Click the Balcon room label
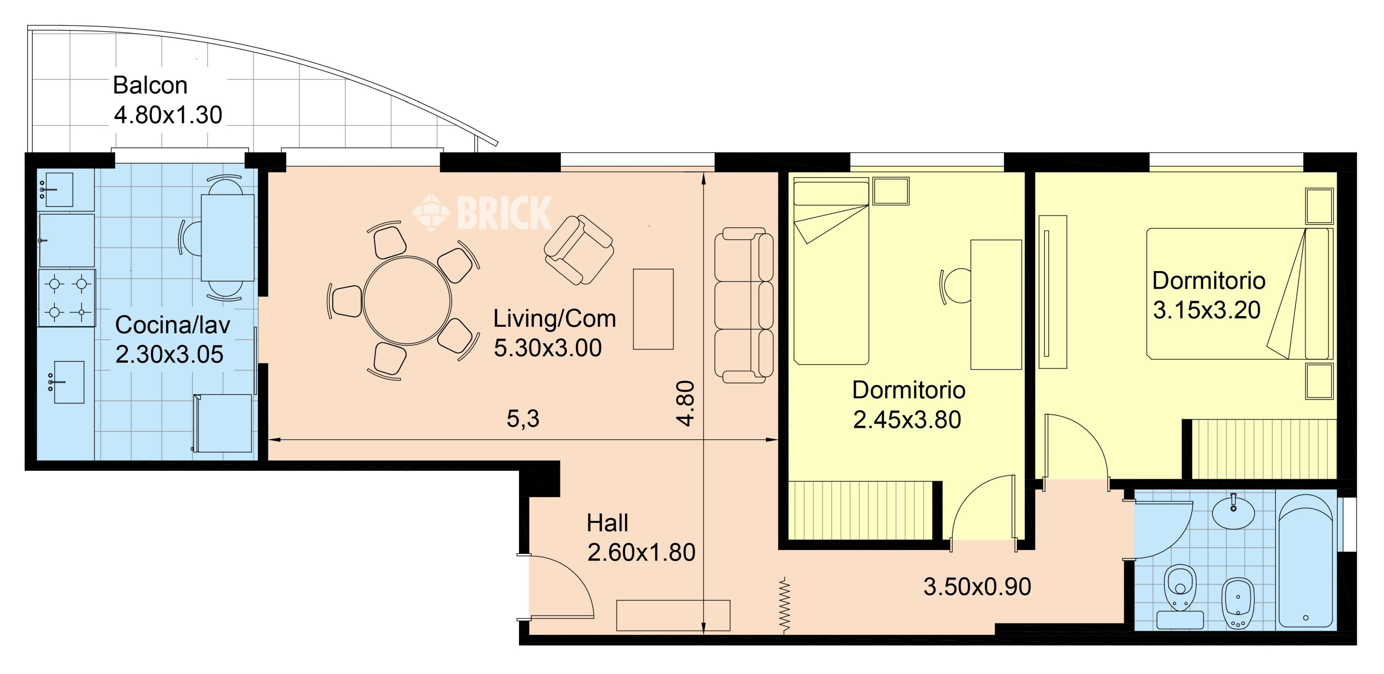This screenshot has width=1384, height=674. (x=150, y=85)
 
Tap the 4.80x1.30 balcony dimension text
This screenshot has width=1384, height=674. (x=168, y=115)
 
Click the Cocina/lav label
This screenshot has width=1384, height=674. (x=173, y=325)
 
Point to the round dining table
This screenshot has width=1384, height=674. (x=407, y=300)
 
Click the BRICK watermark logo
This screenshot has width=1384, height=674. (x=482, y=213)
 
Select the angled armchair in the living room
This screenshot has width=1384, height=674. (x=579, y=250)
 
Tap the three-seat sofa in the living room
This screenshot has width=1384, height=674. (x=744, y=305)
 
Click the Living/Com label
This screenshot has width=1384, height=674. (x=555, y=319)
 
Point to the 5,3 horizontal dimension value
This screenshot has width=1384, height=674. (x=523, y=418)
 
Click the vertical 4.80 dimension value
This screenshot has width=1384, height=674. (x=686, y=403)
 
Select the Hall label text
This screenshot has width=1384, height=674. (x=607, y=522)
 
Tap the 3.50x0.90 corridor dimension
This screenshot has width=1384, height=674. (x=977, y=586)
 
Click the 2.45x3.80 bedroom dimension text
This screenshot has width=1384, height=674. (x=907, y=420)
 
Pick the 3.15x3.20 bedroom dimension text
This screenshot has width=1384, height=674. (x=1207, y=310)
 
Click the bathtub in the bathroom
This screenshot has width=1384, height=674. (x=1306, y=561)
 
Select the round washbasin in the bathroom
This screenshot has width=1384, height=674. (x=1234, y=511)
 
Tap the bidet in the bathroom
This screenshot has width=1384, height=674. (x=1238, y=603)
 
